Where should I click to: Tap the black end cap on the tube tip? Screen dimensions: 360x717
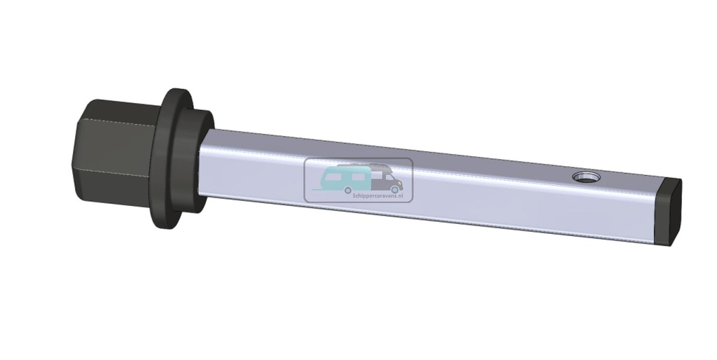671,214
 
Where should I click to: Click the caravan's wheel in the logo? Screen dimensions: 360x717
347,190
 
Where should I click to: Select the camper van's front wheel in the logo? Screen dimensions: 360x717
394,190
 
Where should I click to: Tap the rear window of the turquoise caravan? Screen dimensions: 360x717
332,176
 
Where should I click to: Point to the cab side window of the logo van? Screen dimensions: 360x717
390,177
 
